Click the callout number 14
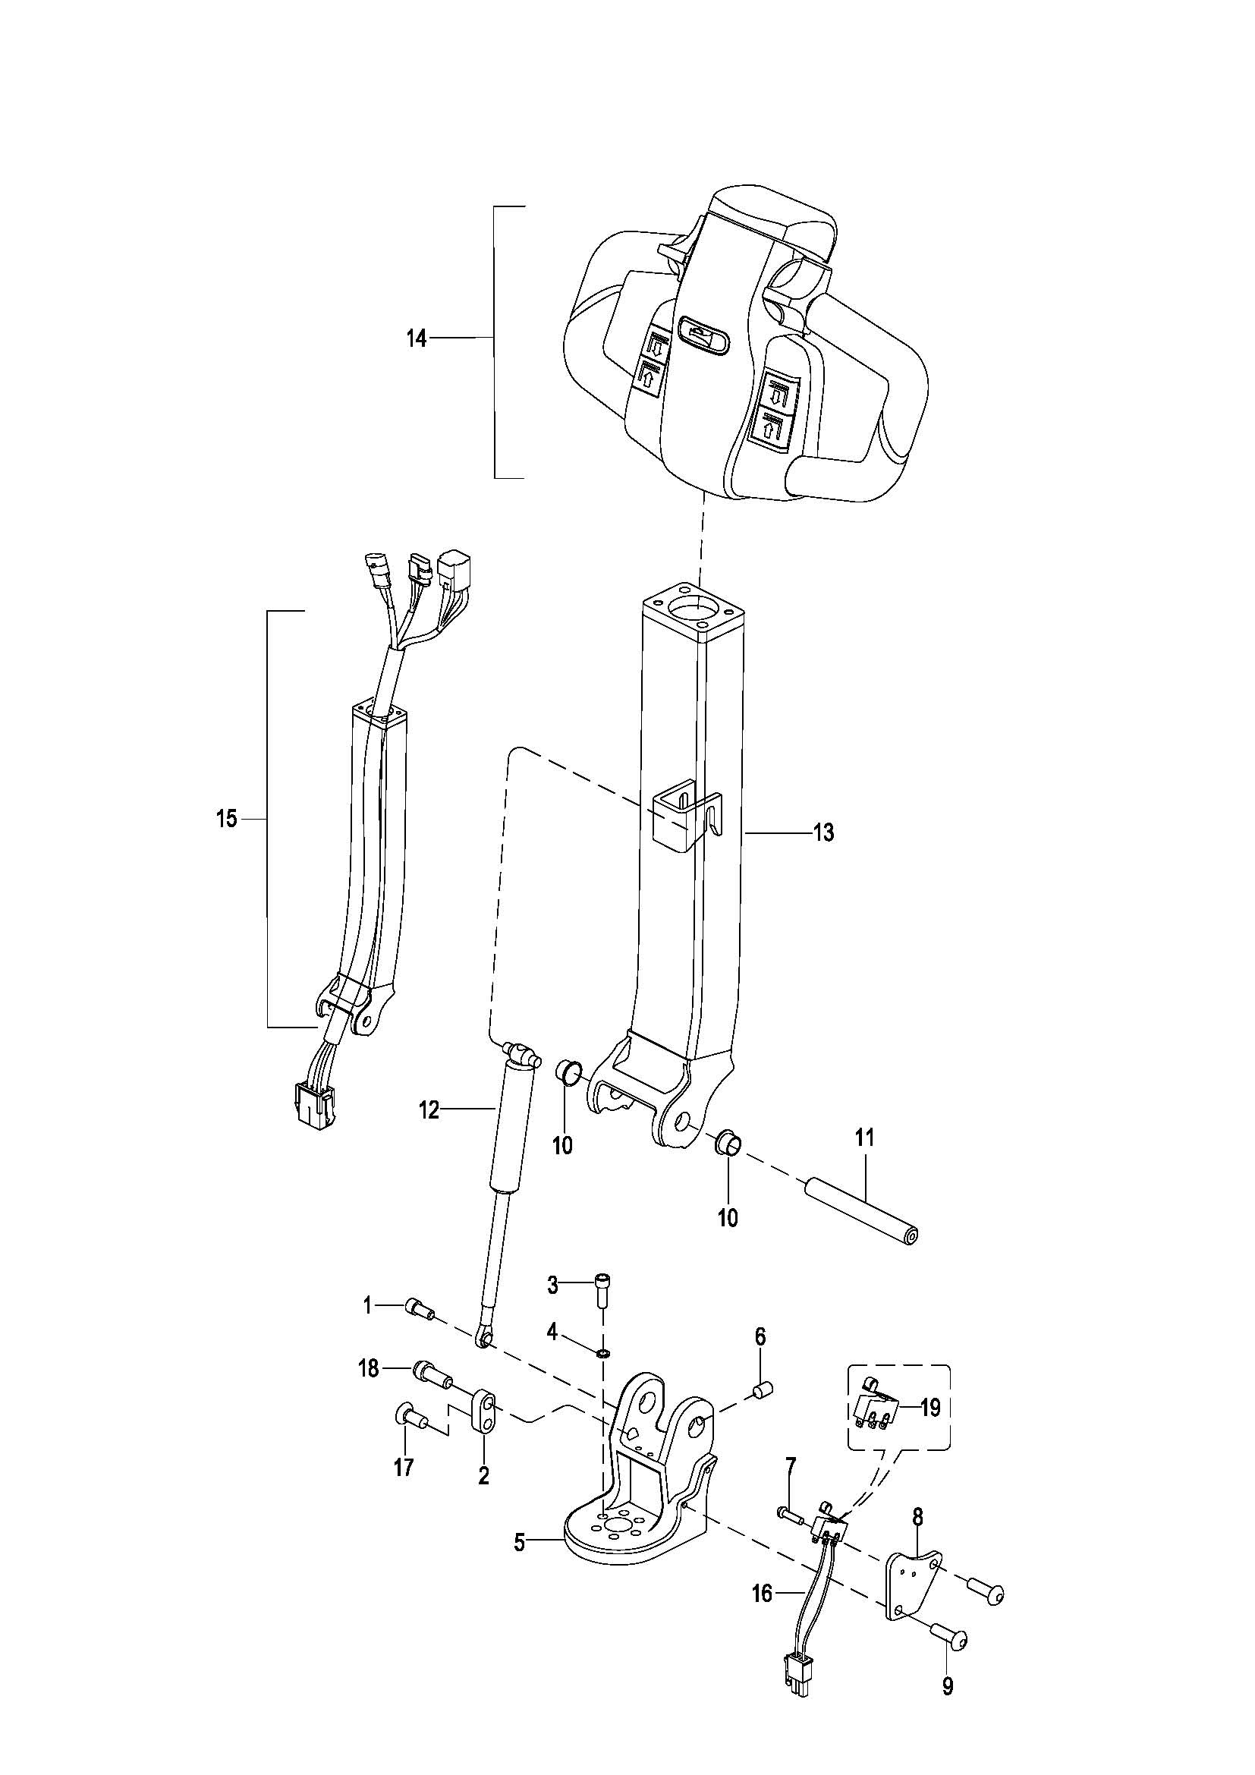[x=417, y=338]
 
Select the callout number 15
[x=226, y=819]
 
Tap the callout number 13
[x=824, y=832]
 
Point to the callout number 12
[x=429, y=1111]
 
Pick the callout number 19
[x=930, y=1408]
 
